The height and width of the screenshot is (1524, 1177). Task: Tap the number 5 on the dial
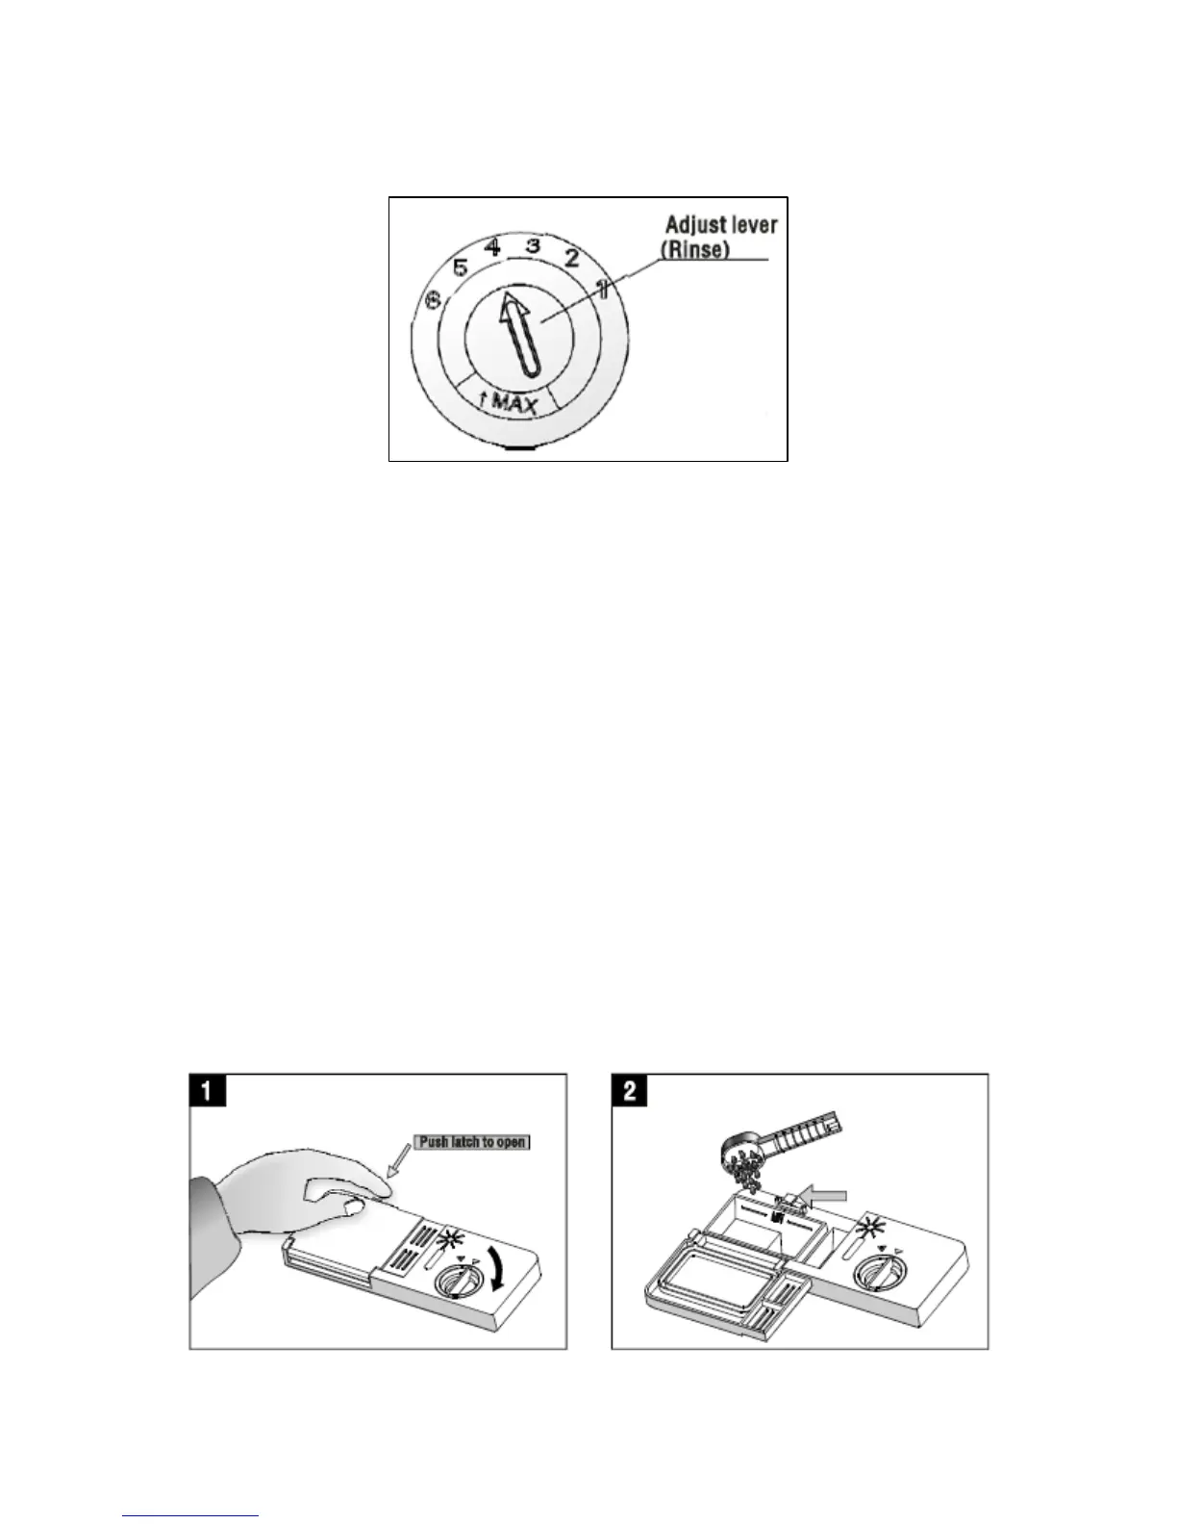[x=460, y=267]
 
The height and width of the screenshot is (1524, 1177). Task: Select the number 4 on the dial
[x=492, y=246]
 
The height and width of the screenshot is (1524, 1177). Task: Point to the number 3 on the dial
[x=532, y=245]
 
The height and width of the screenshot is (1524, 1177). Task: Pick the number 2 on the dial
[x=570, y=257]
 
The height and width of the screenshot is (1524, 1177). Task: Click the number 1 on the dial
[x=602, y=287]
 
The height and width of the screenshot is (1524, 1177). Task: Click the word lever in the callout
[x=755, y=227]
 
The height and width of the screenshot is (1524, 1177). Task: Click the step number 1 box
[x=208, y=1093]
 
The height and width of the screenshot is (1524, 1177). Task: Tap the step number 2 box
[x=632, y=1093]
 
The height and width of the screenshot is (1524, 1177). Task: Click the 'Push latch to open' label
[x=472, y=1142]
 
